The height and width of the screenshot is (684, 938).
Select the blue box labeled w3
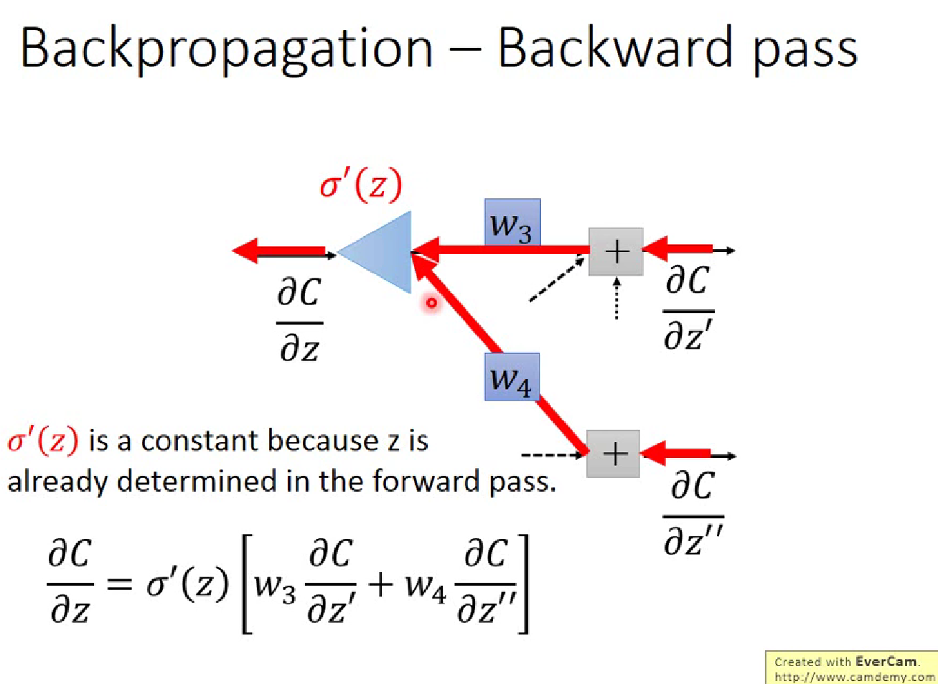(512, 223)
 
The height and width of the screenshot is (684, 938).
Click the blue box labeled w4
(511, 377)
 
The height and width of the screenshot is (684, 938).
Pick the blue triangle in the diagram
(380, 252)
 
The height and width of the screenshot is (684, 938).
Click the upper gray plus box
(616, 251)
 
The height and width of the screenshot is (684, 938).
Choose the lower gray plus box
(614, 454)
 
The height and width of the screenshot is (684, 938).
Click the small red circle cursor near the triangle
(431, 303)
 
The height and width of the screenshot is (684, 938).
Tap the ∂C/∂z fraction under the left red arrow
(299, 320)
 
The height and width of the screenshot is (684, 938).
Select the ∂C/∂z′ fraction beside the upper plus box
(688, 307)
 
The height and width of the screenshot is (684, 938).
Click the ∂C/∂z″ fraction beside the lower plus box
(693, 512)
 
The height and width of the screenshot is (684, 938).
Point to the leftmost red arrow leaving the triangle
(279, 251)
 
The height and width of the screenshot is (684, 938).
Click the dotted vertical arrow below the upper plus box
(616, 299)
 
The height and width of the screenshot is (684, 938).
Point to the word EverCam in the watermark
(886, 662)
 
